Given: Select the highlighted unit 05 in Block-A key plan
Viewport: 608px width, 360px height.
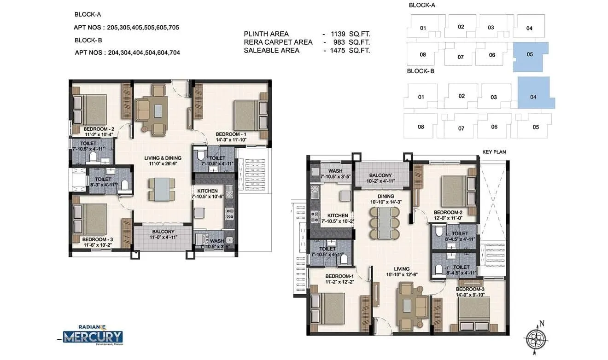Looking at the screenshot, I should pos(531,55).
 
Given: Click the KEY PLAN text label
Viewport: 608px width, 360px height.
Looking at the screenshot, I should pos(494,151).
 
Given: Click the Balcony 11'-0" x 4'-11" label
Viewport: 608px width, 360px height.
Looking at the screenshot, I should pos(163,234).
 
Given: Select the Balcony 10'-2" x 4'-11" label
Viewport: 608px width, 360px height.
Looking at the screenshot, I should pos(380,178).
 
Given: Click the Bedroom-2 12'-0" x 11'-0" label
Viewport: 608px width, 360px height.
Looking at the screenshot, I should pos(448,215).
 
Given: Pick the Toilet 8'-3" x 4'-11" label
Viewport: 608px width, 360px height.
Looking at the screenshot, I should pos(103,182).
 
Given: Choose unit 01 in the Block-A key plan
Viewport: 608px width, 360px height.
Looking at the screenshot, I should pos(423,29).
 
